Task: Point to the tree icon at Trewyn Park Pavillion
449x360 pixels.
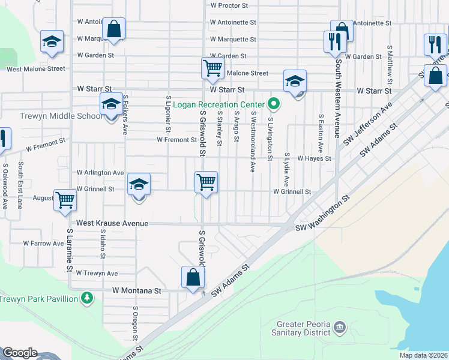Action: tap(88, 298)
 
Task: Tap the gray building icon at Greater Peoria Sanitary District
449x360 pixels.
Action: tap(340, 327)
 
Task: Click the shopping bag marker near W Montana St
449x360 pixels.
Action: tap(193, 278)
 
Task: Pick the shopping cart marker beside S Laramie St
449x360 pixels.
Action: tap(65, 200)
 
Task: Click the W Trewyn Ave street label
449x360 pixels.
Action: tap(97, 273)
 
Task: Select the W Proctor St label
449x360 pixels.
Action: tap(229, 5)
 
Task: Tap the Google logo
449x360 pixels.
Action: tap(20, 353)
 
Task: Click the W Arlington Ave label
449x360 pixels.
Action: tap(100, 172)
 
